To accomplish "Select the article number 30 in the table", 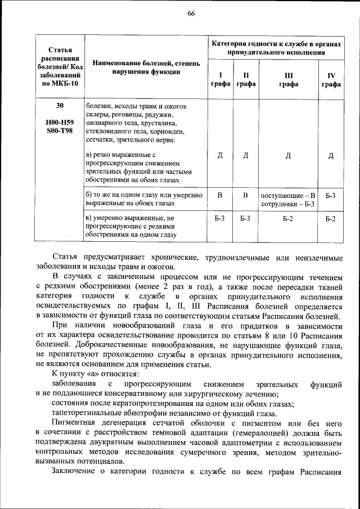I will (60, 106).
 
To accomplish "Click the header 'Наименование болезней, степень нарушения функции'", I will (146, 67).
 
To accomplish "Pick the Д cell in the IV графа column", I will (331, 156).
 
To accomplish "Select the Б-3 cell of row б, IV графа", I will (331, 195).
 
